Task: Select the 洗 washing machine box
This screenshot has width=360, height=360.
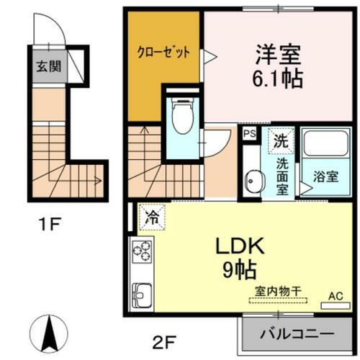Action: pyautogui.click(x=281, y=140)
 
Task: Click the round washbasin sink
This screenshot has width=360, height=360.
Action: pyautogui.click(x=251, y=181)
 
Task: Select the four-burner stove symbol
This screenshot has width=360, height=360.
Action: pyautogui.click(x=141, y=251)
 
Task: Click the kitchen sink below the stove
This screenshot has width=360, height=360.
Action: pyautogui.click(x=141, y=295)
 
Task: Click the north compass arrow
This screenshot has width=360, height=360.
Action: pyautogui.click(x=50, y=333)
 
